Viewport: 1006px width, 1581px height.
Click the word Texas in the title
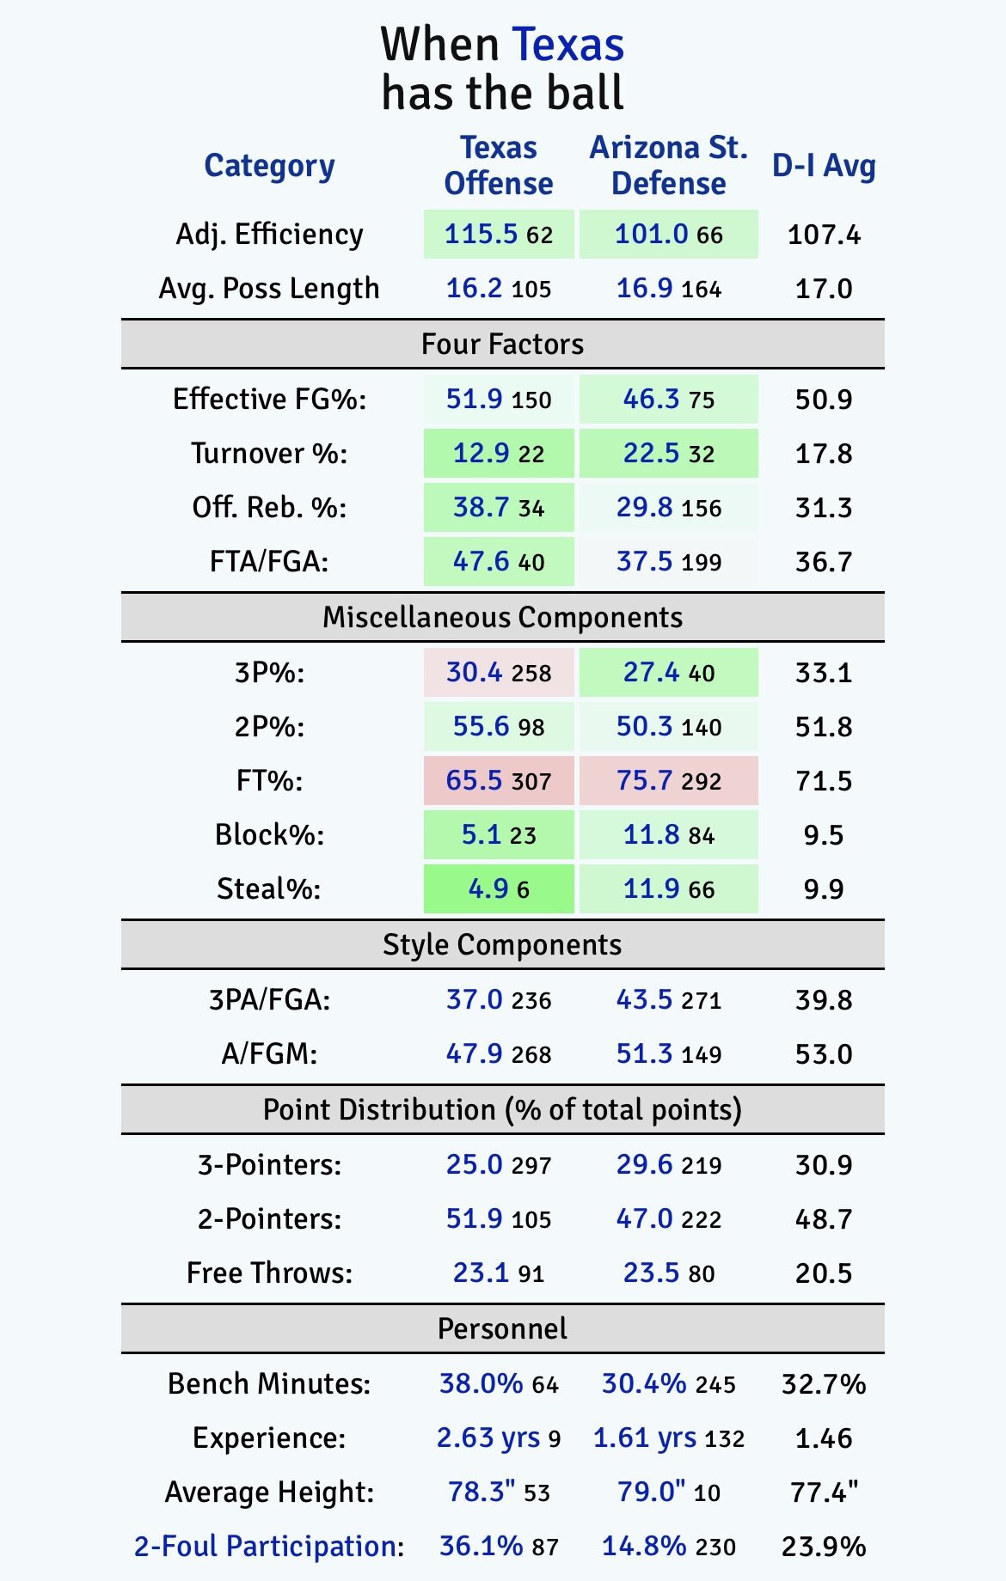click(567, 45)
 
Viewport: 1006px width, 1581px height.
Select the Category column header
click(269, 166)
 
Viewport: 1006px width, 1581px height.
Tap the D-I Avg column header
click(824, 166)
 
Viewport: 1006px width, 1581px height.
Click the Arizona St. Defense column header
click(668, 166)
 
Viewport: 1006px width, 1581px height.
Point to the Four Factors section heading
click(502, 344)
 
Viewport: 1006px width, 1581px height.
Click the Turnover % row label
click(269, 453)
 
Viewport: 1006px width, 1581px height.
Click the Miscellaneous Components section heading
click(502, 617)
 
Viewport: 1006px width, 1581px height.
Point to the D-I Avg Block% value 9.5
click(824, 834)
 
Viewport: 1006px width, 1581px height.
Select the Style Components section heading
click(502, 944)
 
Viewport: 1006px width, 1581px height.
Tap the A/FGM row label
click(269, 1053)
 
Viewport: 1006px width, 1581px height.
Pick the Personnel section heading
click(502, 1328)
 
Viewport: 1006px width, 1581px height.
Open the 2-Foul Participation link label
click(268, 1546)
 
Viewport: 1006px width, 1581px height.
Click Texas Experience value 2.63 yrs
click(488, 1438)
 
